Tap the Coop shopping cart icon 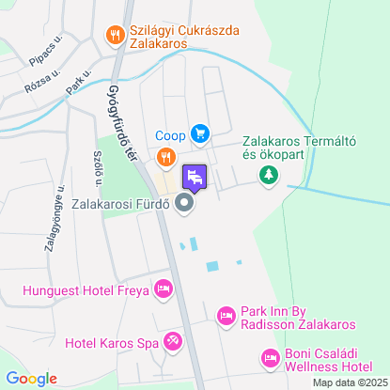point(199,133)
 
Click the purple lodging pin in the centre point(195,176)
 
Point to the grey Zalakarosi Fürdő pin point(184,203)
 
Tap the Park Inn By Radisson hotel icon point(226,316)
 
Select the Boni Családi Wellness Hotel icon point(270,357)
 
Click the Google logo point(31,379)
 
